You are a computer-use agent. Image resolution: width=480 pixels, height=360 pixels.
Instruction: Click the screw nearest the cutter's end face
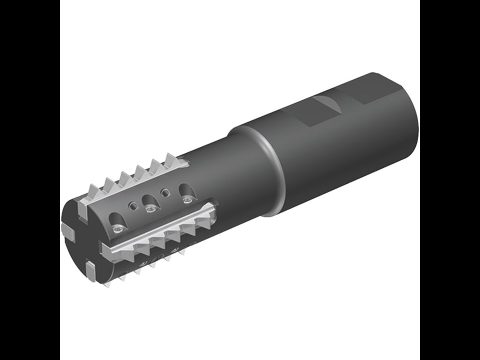click(118, 229)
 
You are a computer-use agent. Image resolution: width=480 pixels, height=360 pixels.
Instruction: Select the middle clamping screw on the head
click(150, 209)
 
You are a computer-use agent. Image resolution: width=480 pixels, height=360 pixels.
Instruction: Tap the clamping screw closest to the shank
click(187, 200)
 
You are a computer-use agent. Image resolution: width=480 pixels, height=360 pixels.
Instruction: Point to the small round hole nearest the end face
click(134, 205)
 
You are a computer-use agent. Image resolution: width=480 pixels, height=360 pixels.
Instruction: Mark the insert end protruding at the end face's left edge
click(67, 230)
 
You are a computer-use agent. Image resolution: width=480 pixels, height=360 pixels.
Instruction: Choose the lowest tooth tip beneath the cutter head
click(106, 284)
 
